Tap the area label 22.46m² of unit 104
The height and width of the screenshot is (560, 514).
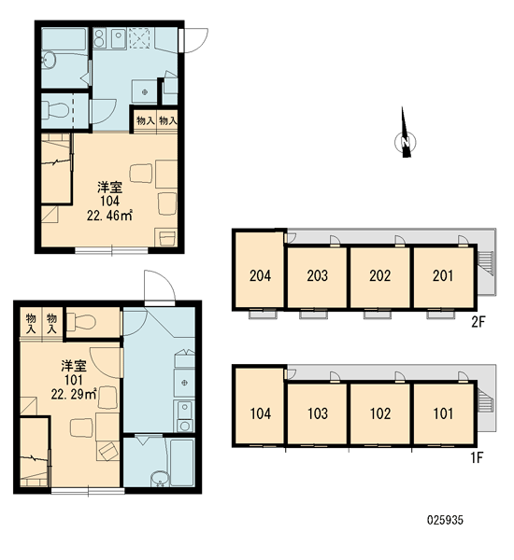tap(109, 216)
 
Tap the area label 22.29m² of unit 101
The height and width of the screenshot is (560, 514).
tap(74, 394)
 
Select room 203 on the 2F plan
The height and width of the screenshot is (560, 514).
tap(317, 277)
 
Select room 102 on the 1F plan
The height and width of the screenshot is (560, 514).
tap(379, 413)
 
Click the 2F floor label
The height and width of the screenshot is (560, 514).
tap(478, 322)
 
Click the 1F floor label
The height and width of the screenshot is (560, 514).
tap(478, 457)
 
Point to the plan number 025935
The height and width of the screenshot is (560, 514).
tap(445, 520)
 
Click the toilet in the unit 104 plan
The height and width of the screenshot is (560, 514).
tap(55, 109)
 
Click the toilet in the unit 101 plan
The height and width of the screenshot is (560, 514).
tap(81, 321)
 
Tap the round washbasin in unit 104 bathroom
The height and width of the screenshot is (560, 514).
tap(48, 60)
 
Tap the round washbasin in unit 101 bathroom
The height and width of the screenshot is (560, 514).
tap(160, 479)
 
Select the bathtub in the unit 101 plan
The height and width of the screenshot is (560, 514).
tap(182, 462)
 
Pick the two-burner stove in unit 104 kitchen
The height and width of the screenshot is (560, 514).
tap(99, 38)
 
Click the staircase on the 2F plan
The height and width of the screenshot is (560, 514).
tap(487, 264)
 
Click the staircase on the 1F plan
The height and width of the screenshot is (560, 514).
tap(487, 400)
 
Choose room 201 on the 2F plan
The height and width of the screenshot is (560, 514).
tap(443, 277)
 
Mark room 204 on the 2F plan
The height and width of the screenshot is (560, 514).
tap(260, 270)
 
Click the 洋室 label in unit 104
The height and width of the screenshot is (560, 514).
tap(110, 188)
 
